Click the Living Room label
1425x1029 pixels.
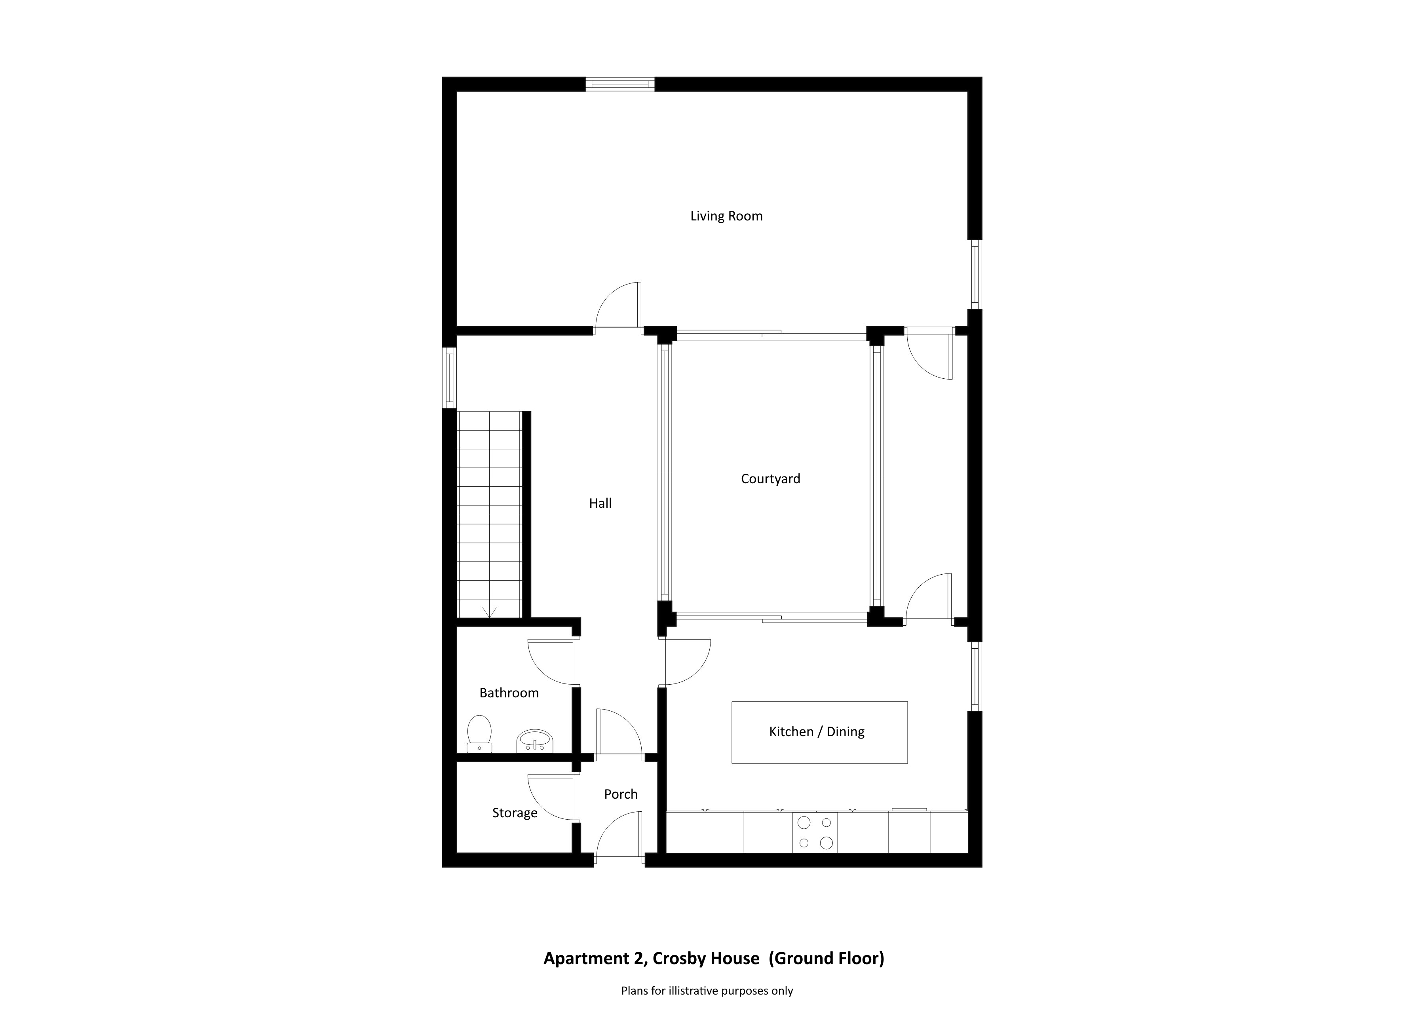pos(726,216)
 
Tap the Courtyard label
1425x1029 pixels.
pos(770,479)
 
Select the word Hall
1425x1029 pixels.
pos(600,503)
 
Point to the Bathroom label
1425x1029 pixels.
pos(509,693)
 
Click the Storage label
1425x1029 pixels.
pos(515,813)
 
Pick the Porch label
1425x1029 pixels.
pos(621,794)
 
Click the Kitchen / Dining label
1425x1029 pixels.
pos(817,731)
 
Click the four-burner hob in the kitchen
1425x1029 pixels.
pos(815,832)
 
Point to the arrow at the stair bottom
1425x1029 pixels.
pos(489,613)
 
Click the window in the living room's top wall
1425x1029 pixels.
pos(620,84)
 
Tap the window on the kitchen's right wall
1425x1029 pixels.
pos(975,677)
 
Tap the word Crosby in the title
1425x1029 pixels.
pos(679,959)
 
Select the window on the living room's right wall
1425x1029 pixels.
pos(975,275)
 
